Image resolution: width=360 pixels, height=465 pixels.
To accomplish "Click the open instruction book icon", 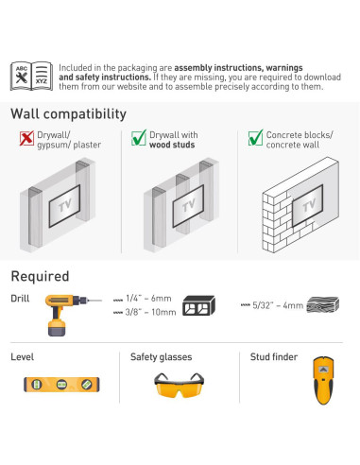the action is (31, 77).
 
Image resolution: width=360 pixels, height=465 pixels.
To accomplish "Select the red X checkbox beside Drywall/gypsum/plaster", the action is (26, 138).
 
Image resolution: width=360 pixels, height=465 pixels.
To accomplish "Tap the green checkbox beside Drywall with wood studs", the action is (139, 138).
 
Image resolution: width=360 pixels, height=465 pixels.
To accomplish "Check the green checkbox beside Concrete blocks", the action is (255, 138).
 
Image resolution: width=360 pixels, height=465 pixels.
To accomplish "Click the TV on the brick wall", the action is (307, 205).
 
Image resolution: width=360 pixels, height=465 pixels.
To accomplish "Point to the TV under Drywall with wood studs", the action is (188, 206).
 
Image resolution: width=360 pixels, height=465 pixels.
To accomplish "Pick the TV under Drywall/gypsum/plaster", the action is (64, 206).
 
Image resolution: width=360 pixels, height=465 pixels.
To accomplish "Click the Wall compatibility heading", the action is (68, 113).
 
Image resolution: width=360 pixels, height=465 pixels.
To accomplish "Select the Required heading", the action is (40, 276).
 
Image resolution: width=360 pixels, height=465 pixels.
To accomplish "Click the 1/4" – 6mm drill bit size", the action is (143, 299).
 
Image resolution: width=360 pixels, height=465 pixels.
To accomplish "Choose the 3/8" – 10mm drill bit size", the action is (145, 312).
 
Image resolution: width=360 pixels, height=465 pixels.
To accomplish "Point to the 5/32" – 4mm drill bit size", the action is (272, 305).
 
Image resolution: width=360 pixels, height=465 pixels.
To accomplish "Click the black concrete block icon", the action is (198, 305).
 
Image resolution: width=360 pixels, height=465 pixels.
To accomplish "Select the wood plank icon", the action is (323, 304).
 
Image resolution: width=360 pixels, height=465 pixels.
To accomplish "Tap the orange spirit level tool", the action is (61, 385).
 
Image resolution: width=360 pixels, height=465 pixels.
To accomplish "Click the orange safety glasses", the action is (179, 385).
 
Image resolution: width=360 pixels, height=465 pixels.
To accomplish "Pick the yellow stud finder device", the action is (323, 380).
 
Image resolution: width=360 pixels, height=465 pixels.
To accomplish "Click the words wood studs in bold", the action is (172, 145).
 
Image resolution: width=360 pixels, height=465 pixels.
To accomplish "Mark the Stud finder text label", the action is (274, 357).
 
